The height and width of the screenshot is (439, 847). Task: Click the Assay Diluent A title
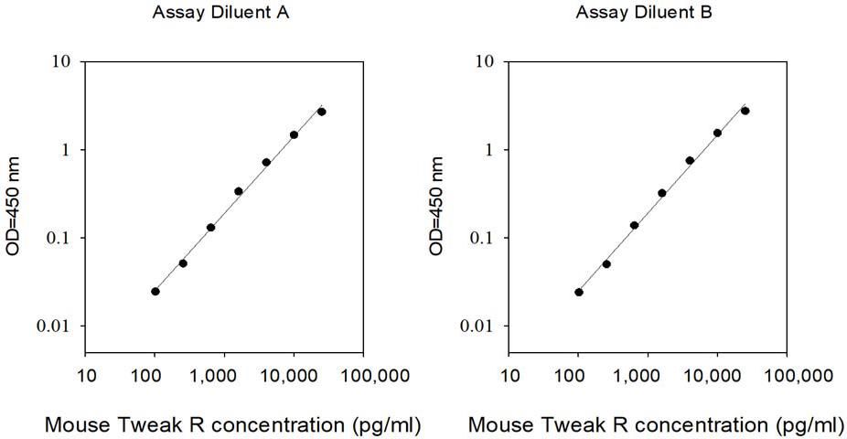(220, 13)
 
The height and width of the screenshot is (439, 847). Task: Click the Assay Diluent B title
(644, 13)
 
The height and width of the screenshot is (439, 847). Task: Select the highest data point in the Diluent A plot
(321, 112)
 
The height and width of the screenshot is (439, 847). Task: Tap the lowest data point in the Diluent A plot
(155, 292)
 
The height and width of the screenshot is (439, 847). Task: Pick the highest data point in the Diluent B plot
(745, 111)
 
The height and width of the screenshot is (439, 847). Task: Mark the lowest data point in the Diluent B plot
(579, 292)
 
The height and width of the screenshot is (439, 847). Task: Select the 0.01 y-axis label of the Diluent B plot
(477, 327)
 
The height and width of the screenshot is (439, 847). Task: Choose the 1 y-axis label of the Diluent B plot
(490, 150)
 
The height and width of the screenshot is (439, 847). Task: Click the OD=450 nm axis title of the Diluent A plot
(13, 206)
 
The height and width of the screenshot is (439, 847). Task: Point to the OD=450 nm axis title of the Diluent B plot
(436, 206)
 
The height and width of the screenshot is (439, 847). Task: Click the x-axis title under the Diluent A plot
(233, 425)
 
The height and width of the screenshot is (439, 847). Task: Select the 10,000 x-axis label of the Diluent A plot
(294, 375)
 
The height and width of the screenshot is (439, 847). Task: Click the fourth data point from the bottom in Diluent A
(238, 191)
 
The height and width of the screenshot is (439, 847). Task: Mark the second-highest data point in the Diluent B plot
(717, 133)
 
